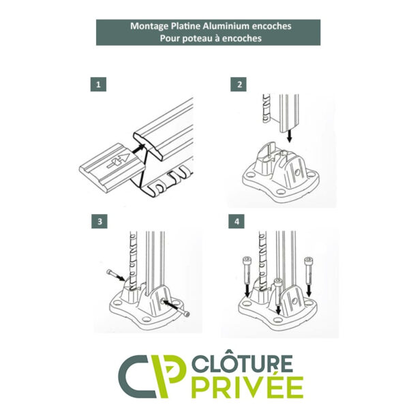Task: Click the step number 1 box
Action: click(98, 85)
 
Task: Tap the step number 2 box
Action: click(238, 85)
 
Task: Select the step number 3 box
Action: click(99, 222)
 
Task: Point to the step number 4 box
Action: click(237, 222)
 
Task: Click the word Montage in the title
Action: click(149, 26)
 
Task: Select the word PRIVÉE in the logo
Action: click(247, 387)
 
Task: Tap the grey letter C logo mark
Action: click(137, 376)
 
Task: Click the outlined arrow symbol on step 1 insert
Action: click(118, 161)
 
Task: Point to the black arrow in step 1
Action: click(138, 149)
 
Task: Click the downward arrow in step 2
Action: click(289, 136)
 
